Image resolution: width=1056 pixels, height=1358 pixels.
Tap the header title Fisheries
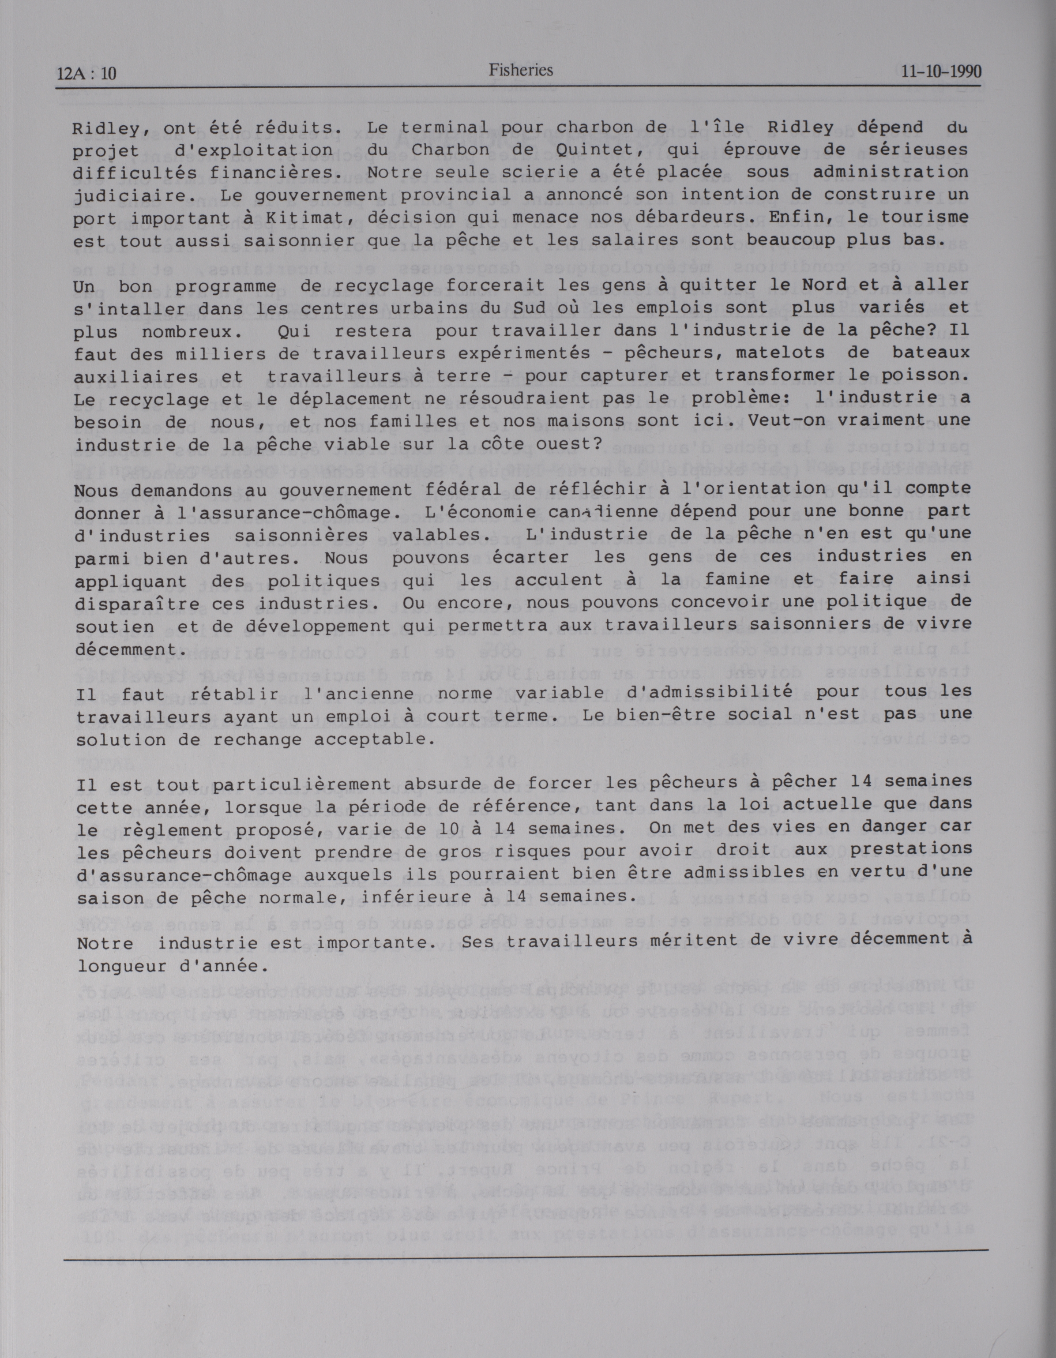(x=521, y=70)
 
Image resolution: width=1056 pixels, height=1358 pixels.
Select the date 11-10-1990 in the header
(x=941, y=71)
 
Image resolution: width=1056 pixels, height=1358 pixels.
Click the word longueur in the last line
(x=115, y=966)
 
